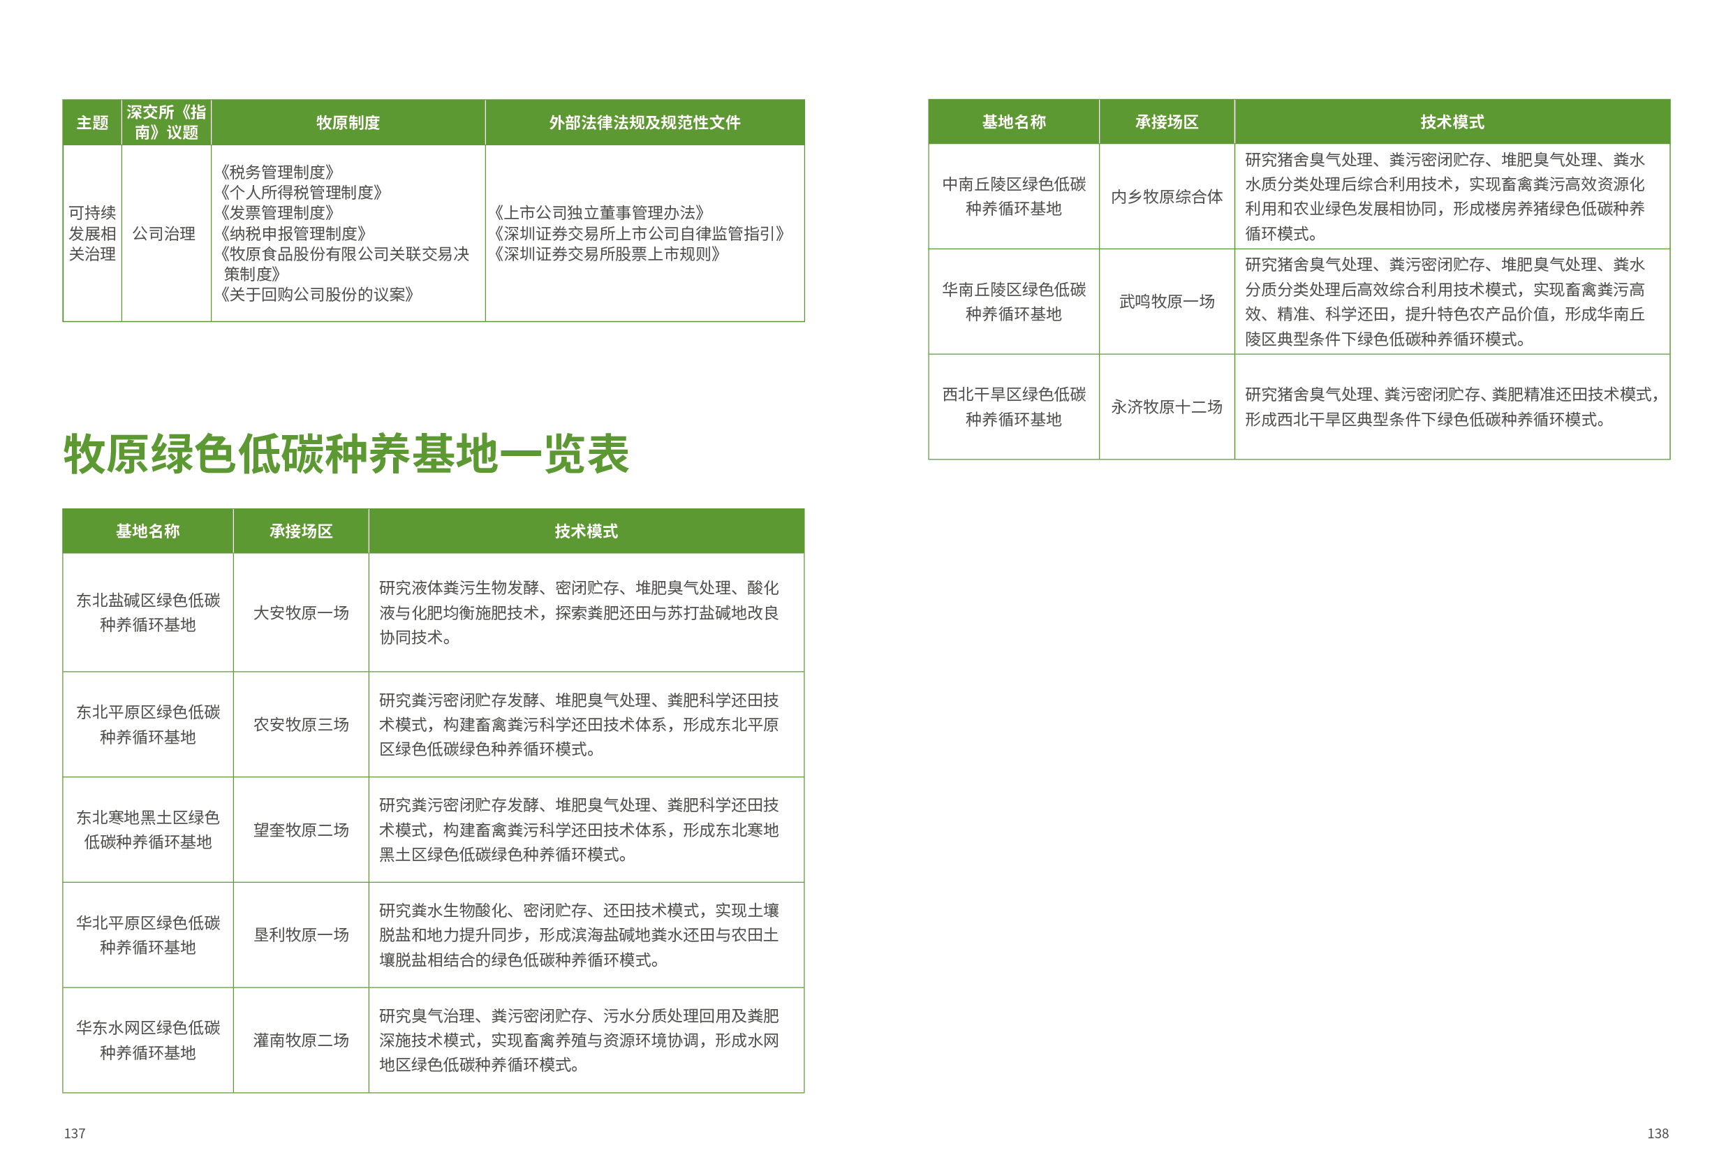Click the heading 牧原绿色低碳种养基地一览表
[x=346, y=453]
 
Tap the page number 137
[x=75, y=1133]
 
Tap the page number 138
[x=1657, y=1133]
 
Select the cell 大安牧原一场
[x=300, y=613]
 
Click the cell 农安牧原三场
[x=300, y=725]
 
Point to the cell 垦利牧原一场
[x=300, y=935]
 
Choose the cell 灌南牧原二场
[x=300, y=1041]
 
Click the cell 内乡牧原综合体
[x=1166, y=197]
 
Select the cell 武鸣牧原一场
[x=1166, y=301]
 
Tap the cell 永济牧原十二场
[x=1166, y=407]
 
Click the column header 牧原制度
[x=348, y=122]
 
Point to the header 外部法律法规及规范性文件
[x=644, y=122]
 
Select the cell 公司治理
[x=164, y=233]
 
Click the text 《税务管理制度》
[x=276, y=172]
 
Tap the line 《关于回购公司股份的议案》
[x=316, y=295]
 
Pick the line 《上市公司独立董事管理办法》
[x=599, y=213]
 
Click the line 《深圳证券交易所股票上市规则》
[x=606, y=254]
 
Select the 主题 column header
[x=92, y=122]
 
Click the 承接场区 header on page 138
[x=1166, y=122]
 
